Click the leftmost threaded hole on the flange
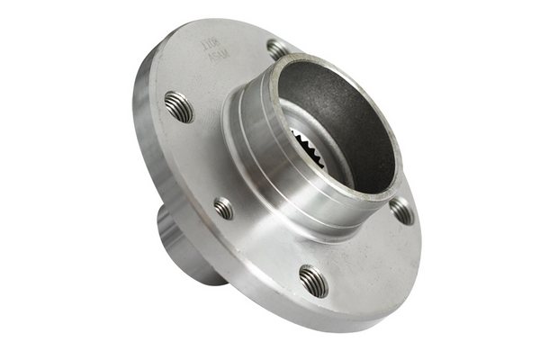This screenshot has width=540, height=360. tap(179, 106)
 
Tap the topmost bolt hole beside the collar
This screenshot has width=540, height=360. tap(278, 48)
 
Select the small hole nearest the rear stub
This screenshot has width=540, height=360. tap(223, 209)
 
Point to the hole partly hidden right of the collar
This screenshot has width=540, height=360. tap(401, 211)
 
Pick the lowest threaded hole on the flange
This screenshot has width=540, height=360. tap(313, 280)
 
